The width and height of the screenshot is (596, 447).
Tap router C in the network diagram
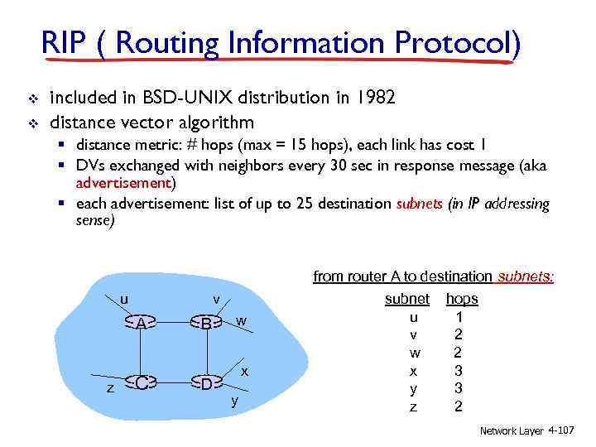[142, 382]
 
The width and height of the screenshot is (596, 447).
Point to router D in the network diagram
[206, 382]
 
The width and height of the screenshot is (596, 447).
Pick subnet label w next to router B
[240, 320]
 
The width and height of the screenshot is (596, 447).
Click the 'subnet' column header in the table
[407, 298]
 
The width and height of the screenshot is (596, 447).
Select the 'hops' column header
[462, 298]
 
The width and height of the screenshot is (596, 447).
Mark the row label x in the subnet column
[414, 370]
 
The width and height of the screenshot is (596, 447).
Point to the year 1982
[377, 98]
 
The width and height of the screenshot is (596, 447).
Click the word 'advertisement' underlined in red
[123, 182]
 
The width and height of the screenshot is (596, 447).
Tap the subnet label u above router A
[123, 299]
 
